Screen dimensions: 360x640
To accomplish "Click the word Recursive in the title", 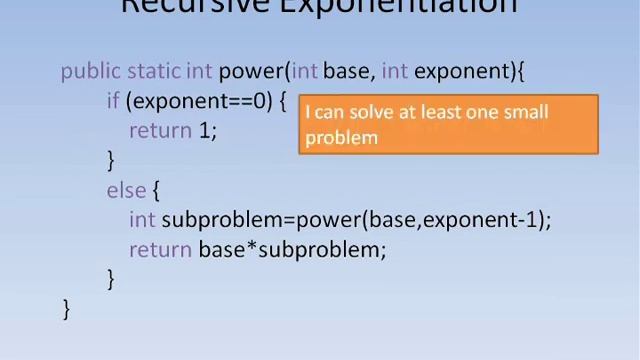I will coord(191,6).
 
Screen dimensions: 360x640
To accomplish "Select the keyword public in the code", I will coord(91,71).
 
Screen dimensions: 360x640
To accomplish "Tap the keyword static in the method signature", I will coord(154,71).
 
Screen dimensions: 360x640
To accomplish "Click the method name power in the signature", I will coord(250,71).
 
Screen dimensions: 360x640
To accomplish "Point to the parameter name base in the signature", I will coord(346,71).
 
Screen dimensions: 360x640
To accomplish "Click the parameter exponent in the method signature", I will coord(461,71).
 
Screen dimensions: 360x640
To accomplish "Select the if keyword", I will coord(113,101).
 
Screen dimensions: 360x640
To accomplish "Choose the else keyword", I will coord(127,190).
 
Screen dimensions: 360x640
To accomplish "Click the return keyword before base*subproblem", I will coord(161,250).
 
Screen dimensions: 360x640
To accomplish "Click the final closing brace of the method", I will coord(67,309).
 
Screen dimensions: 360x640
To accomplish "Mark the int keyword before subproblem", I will coord(142,220).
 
